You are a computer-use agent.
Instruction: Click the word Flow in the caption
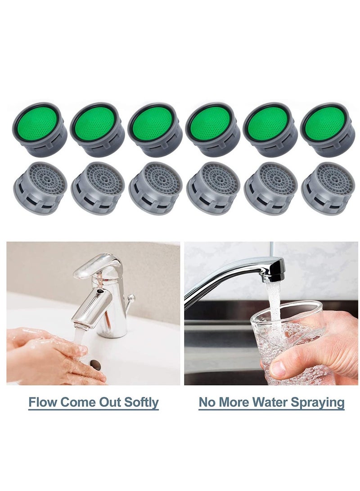pyautogui.click(x=42, y=402)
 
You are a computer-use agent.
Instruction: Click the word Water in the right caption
pyautogui.click(x=265, y=402)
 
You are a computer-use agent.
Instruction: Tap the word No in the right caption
pyautogui.click(x=207, y=402)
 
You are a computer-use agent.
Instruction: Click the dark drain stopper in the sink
pyautogui.click(x=95, y=364)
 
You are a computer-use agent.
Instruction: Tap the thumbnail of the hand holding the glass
pyautogui.click(x=278, y=369)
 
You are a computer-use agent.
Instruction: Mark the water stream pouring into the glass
pyautogui.click(x=272, y=306)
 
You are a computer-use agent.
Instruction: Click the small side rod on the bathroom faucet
pyautogui.click(x=130, y=299)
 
